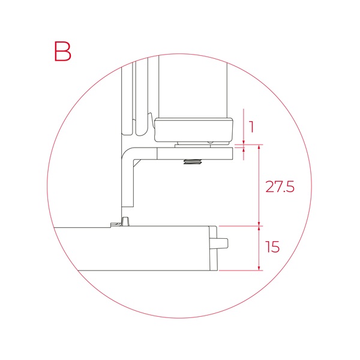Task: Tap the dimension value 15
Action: (x=272, y=247)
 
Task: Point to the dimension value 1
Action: (x=252, y=127)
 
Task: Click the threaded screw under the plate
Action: (x=193, y=163)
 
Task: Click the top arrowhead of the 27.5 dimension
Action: (x=259, y=148)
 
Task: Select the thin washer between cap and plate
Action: (x=194, y=143)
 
